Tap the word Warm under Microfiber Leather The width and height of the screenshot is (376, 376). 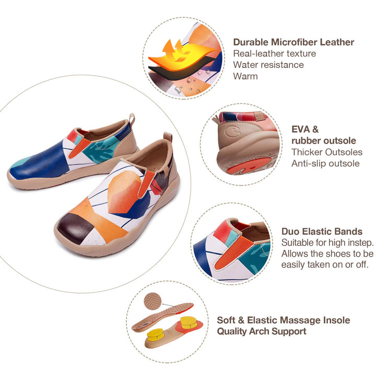click(245, 76)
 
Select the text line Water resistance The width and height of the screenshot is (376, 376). click(268, 65)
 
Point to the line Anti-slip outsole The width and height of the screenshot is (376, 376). click(325, 163)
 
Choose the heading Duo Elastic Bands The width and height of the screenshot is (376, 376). click(322, 231)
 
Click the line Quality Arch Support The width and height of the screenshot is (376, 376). click(262, 331)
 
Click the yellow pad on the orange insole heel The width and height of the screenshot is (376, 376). click(186, 320)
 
